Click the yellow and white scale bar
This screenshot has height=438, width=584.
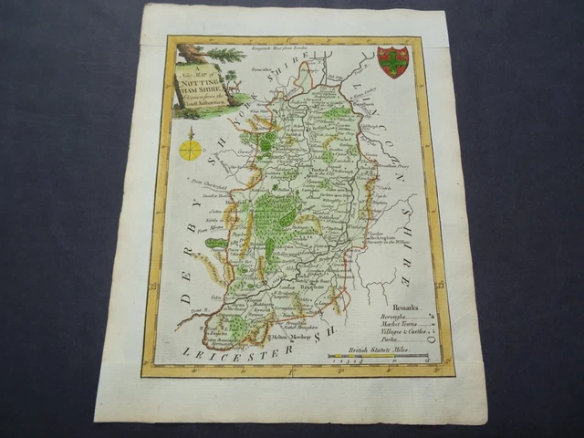pos(365,359)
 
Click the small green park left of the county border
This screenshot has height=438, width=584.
pos(216,244)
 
